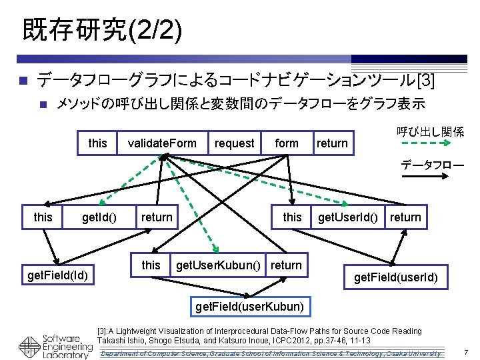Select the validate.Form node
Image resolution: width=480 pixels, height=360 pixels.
161,143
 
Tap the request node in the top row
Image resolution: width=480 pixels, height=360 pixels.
234,143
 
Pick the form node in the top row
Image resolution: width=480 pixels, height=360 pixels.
287,143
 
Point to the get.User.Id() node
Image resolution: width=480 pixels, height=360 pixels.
348,217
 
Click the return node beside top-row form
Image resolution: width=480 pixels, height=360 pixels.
332,143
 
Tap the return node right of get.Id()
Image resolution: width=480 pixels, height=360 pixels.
157,217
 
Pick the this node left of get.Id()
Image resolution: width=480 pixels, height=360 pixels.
43,217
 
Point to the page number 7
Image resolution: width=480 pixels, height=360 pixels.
466,352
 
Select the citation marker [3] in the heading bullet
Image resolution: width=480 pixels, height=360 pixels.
425,81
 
